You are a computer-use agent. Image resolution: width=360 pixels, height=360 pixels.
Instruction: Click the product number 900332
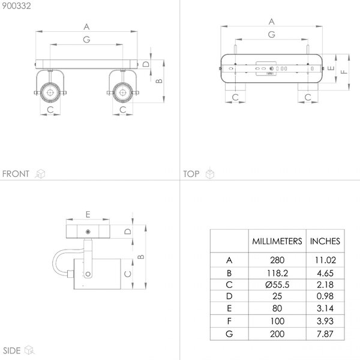point(16,6)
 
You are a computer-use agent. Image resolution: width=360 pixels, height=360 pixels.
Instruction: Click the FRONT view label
point(16,174)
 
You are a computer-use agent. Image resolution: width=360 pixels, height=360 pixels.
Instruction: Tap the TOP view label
point(191,174)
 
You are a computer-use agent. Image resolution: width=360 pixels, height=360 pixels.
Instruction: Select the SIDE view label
point(12,350)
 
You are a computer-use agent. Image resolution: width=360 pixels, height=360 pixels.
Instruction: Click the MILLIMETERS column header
point(277,241)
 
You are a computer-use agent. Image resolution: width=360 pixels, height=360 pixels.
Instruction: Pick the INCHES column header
point(325,241)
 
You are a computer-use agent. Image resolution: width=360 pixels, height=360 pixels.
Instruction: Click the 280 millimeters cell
point(277,260)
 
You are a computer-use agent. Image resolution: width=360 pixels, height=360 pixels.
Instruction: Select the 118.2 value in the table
point(277,273)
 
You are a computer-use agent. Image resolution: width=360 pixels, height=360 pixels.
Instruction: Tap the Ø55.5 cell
point(277,284)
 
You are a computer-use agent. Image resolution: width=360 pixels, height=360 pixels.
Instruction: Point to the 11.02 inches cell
point(325,260)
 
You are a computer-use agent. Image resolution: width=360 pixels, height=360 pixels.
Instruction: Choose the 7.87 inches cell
point(325,334)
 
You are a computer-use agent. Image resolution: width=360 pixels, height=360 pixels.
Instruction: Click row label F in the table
point(229,321)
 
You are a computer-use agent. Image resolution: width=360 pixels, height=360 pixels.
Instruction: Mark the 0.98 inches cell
point(325,296)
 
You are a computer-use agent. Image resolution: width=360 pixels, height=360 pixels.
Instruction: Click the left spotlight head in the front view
point(50,92)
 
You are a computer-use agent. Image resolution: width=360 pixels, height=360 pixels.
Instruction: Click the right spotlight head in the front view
point(123,92)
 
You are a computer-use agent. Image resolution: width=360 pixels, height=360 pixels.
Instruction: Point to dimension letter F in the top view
point(344,72)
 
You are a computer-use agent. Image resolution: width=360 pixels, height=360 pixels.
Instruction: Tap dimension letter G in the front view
point(86,40)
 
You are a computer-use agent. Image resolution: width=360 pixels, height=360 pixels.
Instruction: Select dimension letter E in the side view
point(88,214)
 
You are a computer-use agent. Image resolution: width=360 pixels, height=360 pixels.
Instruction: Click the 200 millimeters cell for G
point(277,334)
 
